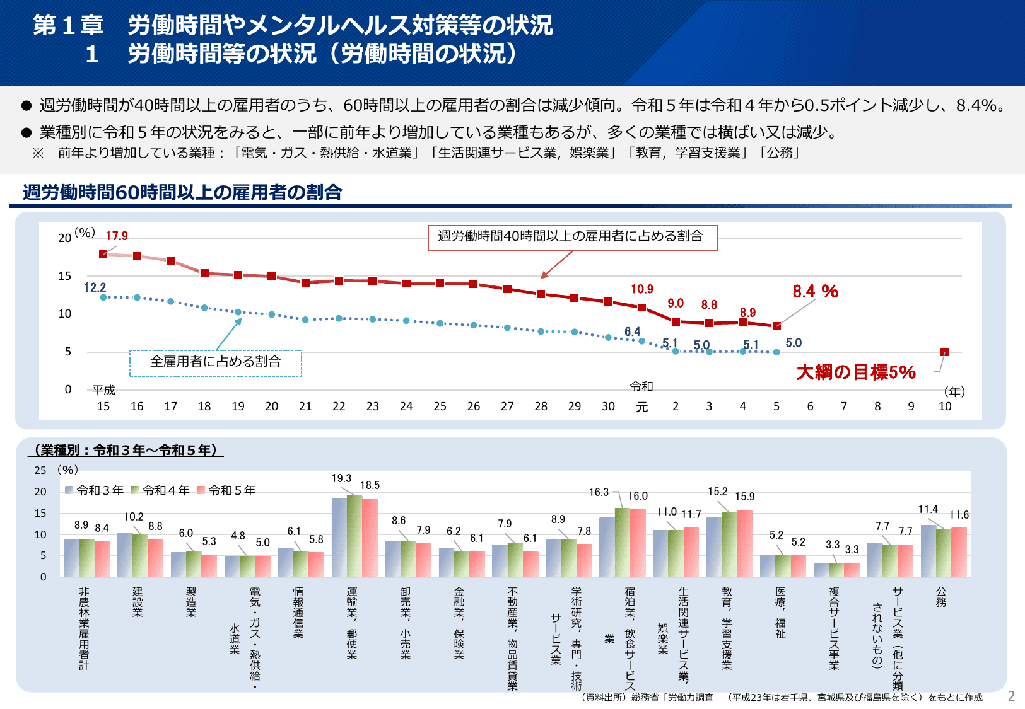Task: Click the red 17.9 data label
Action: click(117, 236)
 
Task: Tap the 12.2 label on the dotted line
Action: click(95, 287)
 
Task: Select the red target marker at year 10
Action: click(944, 352)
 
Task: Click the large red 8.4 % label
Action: click(815, 291)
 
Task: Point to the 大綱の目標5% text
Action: click(855, 372)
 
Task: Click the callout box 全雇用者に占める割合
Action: click(216, 362)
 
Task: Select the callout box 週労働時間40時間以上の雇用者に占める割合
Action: click(572, 237)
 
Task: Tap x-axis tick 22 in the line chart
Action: click(339, 406)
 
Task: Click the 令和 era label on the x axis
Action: click(641, 386)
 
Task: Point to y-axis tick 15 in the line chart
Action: click(65, 276)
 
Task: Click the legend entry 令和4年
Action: click(161, 490)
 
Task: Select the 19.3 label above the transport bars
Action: click(341, 478)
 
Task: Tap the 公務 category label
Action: click(940, 597)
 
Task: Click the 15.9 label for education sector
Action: click(744, 497)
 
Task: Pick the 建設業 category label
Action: click(138, 602)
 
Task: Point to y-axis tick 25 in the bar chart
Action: click(40, 470)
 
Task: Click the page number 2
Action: click(1011, 696)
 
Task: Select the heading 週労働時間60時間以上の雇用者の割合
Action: click(182, 192)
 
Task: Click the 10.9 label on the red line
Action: click(642, 289)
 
